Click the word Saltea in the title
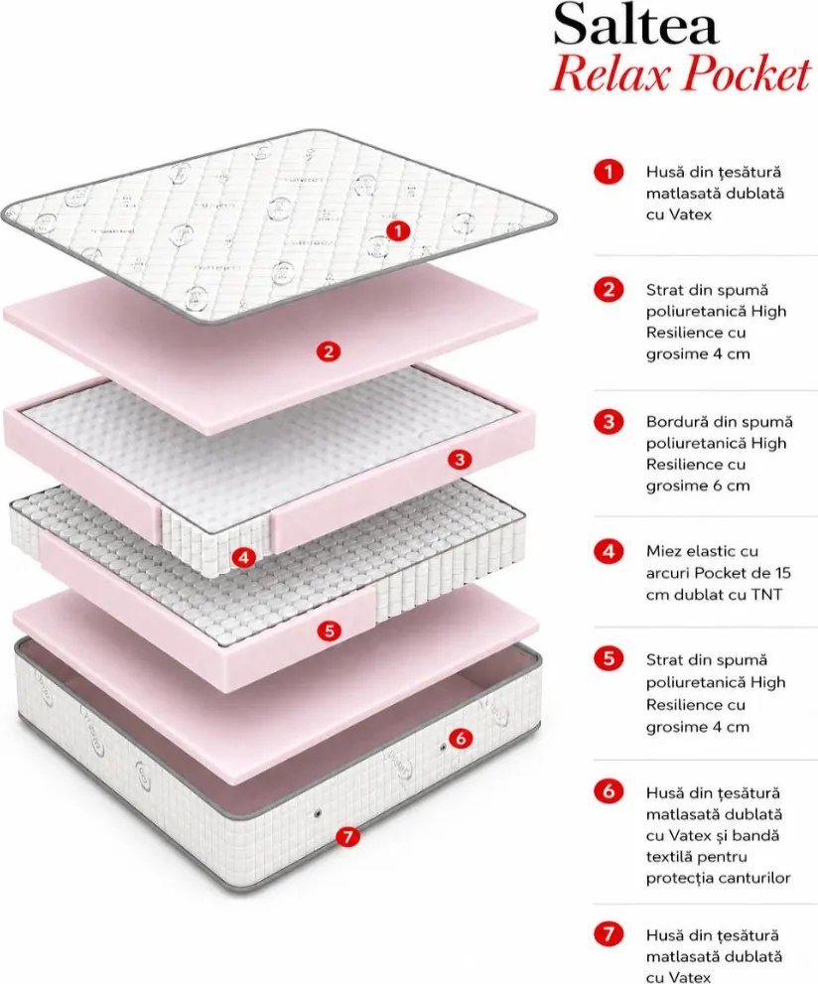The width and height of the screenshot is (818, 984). (x=636, y=25)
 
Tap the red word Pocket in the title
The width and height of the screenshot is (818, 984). (x=748, y=74)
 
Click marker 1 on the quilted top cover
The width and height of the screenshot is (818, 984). (x=398, y=231)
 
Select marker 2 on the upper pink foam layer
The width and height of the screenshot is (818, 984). (x=329, y=351)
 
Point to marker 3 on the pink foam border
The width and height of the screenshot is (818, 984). (x=460, y=460)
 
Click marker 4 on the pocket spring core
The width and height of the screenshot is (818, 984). (x=244, y=557)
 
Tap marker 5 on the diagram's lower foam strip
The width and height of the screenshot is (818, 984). (x=330, y=631)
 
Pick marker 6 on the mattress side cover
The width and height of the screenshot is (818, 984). (x=461, y=738)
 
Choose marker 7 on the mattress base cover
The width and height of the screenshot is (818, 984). (x=348, y=836)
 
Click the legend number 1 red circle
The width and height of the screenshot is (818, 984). (x=609, y=172)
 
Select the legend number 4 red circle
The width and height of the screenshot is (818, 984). (x=609, y=552)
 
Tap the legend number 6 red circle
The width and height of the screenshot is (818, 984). (x=609, y=791)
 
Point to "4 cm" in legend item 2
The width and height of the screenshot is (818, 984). (x=732, y=353)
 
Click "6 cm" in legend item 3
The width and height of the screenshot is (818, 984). (x=732, y=486)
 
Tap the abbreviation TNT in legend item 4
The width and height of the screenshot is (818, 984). (x=766, y=595)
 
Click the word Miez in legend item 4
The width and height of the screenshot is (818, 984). (x=663, y=552)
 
